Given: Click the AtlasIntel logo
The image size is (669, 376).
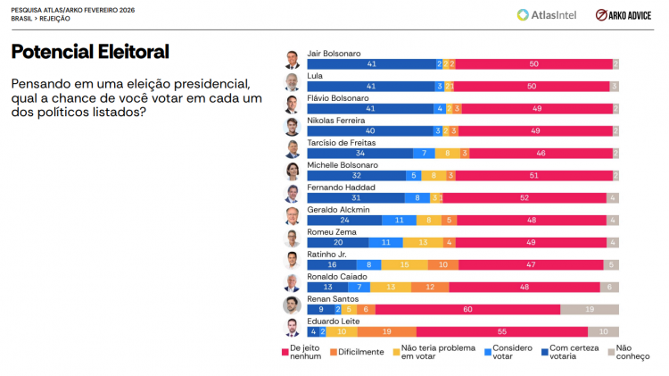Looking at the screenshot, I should click(548, 15).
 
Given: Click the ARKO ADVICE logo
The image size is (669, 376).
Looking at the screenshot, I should click(624, 15).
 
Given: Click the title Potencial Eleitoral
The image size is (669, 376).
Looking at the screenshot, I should click(89, 52).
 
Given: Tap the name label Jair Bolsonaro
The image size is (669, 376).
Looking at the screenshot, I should click(334, 54).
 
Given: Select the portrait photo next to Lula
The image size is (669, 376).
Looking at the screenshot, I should click(292, 82).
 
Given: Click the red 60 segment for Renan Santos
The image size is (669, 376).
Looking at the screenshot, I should click(467, 309).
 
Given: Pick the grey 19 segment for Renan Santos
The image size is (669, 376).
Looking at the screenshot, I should click(590, 309).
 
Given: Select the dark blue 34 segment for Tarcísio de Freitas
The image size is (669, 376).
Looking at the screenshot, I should click(359, 153).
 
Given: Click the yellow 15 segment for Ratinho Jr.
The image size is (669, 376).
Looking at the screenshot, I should click(405, 264).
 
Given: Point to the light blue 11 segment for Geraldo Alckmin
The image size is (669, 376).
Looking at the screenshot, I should click(399, 220).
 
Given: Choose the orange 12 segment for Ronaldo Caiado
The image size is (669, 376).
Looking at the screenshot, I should click(430, 287).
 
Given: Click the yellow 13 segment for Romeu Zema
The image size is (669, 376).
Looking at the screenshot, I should click(422, 242).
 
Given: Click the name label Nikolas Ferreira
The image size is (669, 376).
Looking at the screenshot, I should click(336, 121).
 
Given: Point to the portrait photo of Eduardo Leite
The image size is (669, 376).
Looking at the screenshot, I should click(292, 328).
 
